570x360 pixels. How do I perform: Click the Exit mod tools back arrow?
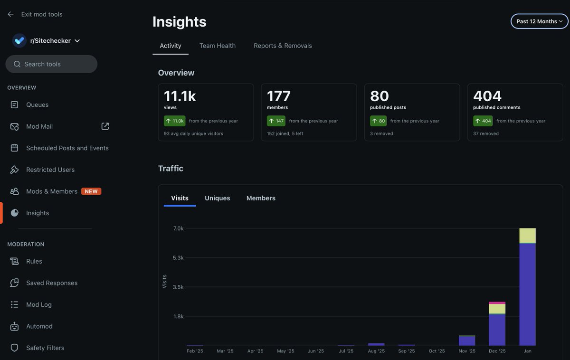point(10,14)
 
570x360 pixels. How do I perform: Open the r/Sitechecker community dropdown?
point(77,41)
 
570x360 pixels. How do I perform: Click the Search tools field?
point(51,64)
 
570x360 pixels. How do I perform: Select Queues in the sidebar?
point(37,104)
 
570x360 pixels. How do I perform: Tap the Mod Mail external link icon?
point(105,126)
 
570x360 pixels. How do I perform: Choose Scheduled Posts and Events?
point(67,148)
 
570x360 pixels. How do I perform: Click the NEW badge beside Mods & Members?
point(91,191)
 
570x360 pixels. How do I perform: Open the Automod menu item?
point(39,326)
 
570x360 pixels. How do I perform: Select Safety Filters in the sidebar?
point(45,348)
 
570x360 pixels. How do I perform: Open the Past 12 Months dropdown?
point(539,21)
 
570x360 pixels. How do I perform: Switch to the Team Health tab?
point(217,46)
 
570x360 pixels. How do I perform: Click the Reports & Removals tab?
point(283,46)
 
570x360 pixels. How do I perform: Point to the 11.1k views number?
point(180,96)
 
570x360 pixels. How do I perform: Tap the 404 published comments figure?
point(487,96)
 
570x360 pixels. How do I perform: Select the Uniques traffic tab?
point(217,198)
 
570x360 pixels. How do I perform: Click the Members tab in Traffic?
point(261,198)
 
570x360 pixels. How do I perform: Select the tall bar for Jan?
point(527,294)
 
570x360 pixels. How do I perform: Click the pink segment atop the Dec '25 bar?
point(497,303)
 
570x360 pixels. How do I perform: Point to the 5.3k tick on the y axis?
point(178,258)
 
